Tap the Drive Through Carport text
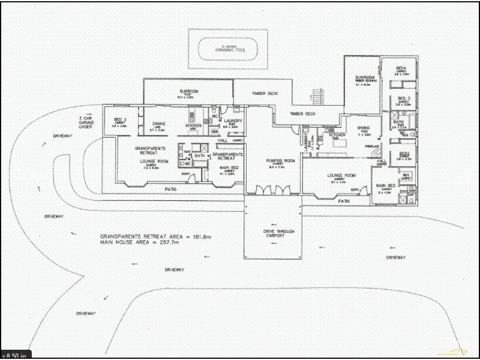click(x=273, y=233)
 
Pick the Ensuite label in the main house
click(x=412, y=191)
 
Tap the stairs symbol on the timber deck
click(x=318, y=95)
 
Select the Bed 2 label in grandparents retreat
click(x=119, y=122)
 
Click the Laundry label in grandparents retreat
click(x=232, y=121)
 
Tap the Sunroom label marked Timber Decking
click(x=365, y=79)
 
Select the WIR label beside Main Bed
click(x=406, y=175)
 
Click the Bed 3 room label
click(x=403, y=98)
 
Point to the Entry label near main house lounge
click(x=355, y=189)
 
